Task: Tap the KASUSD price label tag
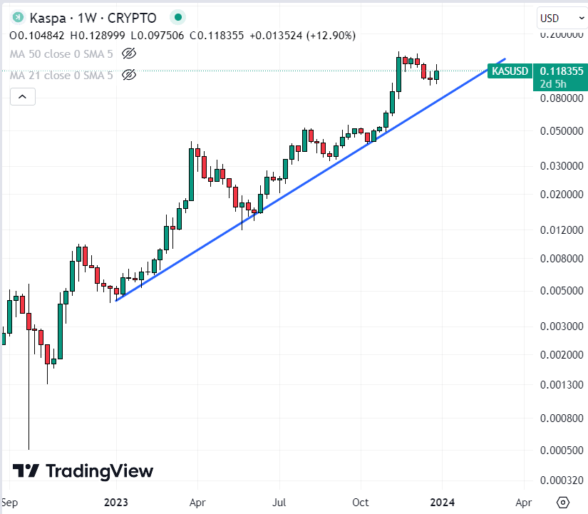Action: coord(510,71)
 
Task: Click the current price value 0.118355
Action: coord(562,71)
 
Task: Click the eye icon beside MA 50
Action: coord(129,53)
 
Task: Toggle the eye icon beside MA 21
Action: coord(129,75)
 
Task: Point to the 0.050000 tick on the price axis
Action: coord(562,131)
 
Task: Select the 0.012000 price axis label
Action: coord(562,230)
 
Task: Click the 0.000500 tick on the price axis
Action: coord(562,449)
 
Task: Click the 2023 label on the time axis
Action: coord(115,501)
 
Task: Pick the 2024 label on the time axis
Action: coord(442,501)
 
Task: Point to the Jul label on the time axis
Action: coord(279,501)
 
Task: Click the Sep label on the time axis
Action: coord(10,501)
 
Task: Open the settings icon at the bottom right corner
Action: coord(563,501)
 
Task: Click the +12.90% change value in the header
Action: coord(331,35)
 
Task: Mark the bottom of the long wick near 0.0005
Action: coord(29,449)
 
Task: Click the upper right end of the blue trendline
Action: coord(505,59)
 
